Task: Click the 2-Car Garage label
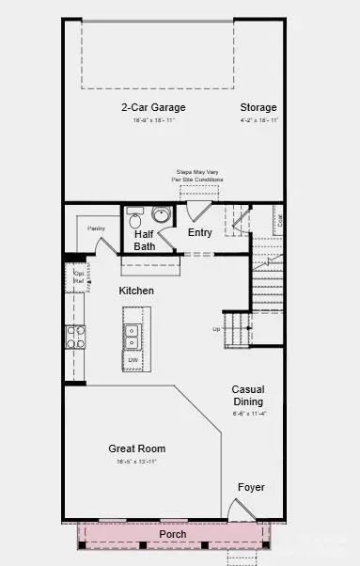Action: pos(152,107)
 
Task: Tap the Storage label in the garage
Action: pos(258,107)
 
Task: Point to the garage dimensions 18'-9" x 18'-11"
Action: pos(152,120)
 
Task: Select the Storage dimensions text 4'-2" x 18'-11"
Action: pos(258,120)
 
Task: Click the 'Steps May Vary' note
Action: pos(198,175)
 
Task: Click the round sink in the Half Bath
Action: pos(161,215)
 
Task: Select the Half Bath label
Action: pos(145,240)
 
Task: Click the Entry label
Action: pos(199,233)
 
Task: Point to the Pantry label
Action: pos(96,228)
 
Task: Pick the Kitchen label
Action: pos(136,291)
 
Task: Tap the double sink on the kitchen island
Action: pos(133,332)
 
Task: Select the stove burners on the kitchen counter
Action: pos(74,337)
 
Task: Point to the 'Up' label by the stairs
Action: pos(217,329)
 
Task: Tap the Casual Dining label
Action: pos(249,396)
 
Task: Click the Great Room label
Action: pos(137,449)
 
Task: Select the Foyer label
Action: pos(250,488)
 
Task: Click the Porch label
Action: pos(172,534)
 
